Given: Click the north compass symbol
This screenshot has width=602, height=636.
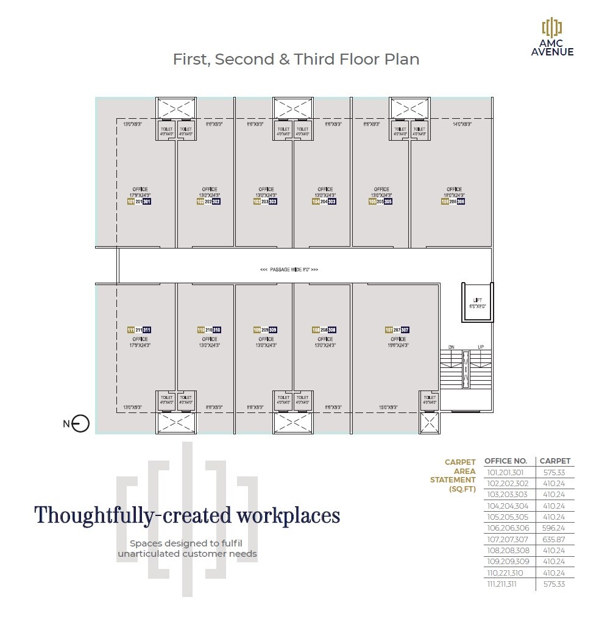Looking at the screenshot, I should (80, 424).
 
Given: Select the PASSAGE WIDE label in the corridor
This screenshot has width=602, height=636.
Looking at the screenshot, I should (289, 269).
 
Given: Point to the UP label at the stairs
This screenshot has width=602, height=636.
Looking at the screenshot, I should (481, 347).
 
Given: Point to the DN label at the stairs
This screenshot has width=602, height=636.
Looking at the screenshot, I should (451, 347).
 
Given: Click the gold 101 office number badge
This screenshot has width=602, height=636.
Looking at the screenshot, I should (130, 202).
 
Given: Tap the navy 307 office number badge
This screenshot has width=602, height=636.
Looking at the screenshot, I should (405, 330).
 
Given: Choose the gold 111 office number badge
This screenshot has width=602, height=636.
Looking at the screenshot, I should (130, 330).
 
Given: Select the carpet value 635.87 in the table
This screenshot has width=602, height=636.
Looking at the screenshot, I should (553, 539).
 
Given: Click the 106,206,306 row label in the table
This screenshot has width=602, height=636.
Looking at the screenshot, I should (508, 528).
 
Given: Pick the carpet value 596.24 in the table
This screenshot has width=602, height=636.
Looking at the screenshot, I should (553, 528).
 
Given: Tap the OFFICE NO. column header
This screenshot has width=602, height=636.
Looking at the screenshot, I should (505, 461).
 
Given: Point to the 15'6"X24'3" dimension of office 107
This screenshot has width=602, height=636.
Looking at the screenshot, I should (398, 345).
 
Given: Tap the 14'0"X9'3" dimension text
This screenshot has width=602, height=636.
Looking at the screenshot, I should (462, 124).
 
